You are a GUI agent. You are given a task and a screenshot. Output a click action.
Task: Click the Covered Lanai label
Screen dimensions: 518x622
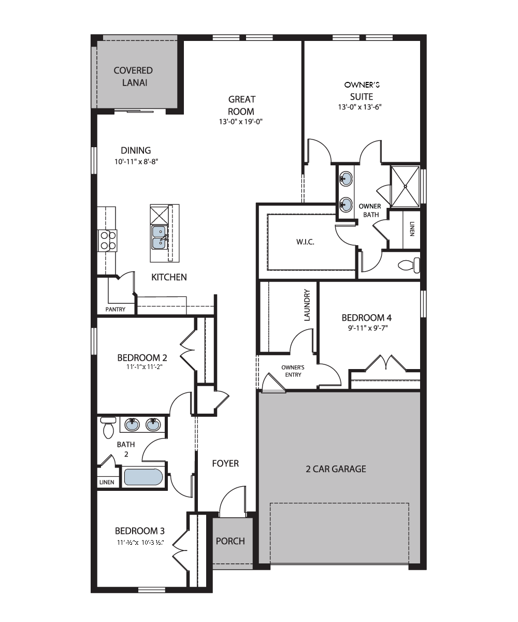click(x=133, y=77)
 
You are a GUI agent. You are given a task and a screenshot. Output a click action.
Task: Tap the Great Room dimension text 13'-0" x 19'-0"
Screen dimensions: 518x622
click(x=241, y=121)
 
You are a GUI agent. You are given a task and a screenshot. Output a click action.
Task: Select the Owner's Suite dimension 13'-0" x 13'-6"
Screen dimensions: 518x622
click(x=359, y=107)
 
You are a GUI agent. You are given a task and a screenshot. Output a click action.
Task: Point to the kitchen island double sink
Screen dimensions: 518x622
click(x=159, y=237)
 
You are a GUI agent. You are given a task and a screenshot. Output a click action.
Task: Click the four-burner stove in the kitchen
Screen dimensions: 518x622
click(x=108, y=241)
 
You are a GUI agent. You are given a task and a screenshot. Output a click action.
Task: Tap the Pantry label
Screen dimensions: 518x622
click(x=115, y=309)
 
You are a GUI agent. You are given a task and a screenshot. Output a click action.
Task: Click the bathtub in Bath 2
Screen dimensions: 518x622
click(x=143, y=477)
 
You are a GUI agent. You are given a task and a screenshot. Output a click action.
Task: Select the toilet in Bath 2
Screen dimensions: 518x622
click(x=108, y=428)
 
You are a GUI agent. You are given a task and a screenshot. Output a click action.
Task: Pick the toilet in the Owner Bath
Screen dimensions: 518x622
click(x=409, y=265)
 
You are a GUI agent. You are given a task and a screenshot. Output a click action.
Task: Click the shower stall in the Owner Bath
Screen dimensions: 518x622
click(x=405, y=186)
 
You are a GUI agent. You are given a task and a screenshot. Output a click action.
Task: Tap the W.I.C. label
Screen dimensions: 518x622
click(x=305, y=242)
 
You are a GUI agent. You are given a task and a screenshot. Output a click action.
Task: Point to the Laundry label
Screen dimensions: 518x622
click(x=307, y=305)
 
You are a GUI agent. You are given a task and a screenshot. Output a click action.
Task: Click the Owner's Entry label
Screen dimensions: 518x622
click(x=293, y=371)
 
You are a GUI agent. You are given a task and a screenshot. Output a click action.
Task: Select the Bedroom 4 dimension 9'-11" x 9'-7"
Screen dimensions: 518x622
click(x=368, y=328)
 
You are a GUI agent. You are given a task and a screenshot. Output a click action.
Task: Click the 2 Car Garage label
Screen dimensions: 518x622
click(x=336, y=469)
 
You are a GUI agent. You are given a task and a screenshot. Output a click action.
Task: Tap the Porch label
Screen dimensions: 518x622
click(x=231, y=541)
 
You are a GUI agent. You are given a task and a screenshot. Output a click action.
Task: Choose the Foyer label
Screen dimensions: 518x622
click(x=225, y=463)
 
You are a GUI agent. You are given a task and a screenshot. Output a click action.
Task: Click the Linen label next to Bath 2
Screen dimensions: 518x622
click(x=107, y=482)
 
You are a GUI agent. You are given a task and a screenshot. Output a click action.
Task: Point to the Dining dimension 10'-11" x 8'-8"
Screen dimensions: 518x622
click(x=136, y=161)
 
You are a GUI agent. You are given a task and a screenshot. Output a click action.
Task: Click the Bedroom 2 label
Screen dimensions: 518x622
click(x=142, y=358)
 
